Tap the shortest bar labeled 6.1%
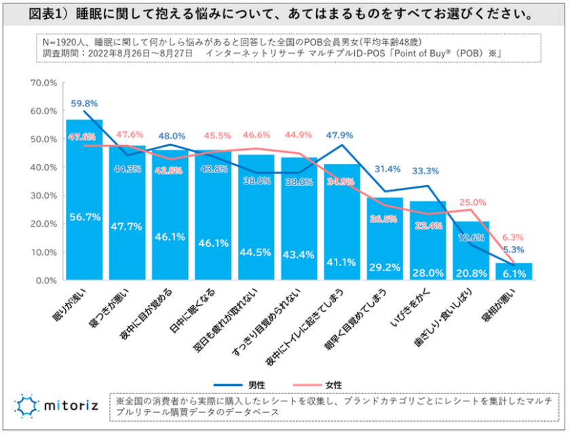coord(514,272)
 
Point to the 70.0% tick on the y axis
coord(43,83)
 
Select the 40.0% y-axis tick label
coord(43,167)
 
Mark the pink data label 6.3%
coord(514,237)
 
